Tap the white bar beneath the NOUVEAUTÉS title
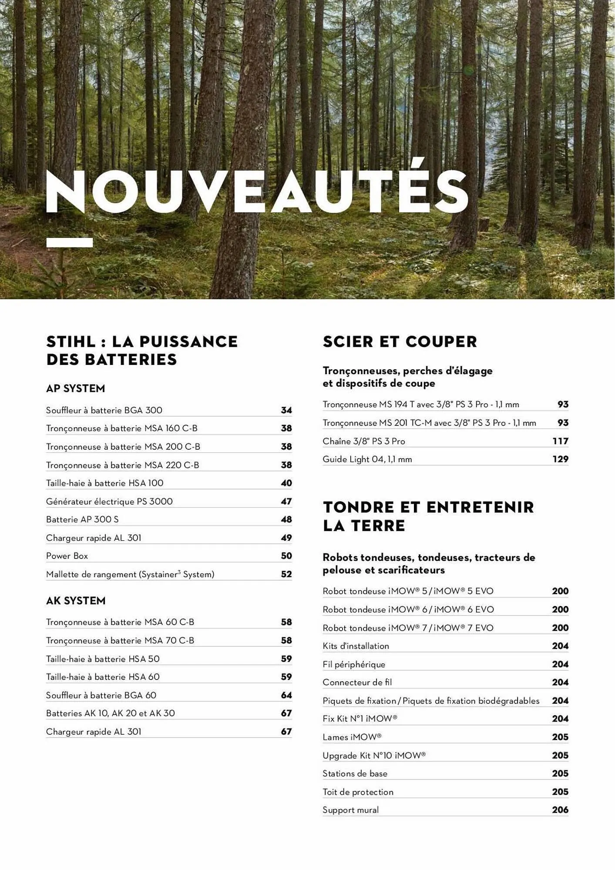70,243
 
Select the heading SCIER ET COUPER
400,341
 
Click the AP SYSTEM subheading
75,388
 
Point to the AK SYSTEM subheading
76,601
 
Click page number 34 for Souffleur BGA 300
286,410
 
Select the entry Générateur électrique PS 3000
109,502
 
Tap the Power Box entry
67,556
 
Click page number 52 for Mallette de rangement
286,574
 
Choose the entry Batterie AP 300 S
82,519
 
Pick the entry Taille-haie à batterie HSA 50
103,659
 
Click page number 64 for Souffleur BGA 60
286,695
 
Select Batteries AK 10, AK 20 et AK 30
110,713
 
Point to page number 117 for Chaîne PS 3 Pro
560,441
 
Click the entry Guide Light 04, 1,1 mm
367,459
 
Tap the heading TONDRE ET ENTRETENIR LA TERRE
428,516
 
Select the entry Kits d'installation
356,646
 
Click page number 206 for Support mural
560,810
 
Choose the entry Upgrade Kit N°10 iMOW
374,755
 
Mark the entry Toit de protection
358,792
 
